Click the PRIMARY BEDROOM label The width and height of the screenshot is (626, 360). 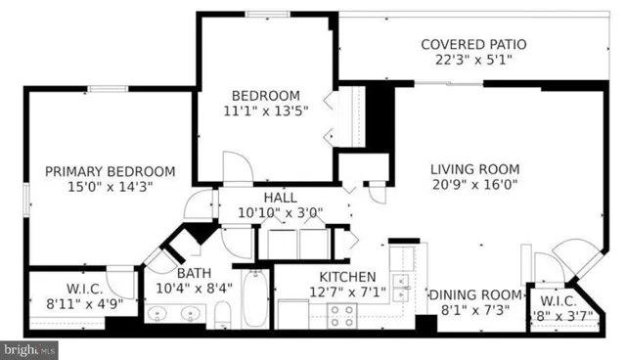(x=111, y=170)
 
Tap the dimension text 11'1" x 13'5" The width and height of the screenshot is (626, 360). (x=264, y=111)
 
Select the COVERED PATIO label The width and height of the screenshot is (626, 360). (x=473, y=45)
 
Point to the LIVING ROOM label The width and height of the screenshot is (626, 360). (x=474, y=168)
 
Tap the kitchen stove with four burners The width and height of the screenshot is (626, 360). (x=341, y=314)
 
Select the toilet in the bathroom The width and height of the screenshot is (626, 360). (x=222, y=314)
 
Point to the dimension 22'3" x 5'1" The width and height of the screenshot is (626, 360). (x=473, y=61)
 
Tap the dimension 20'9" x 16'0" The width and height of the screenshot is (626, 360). (x=474, y=184)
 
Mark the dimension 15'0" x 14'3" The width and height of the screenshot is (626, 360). (x=111, y=186)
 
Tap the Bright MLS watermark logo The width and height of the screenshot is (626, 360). (x=29, y=348)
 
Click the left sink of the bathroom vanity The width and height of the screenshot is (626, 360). (x=161, y=315)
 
